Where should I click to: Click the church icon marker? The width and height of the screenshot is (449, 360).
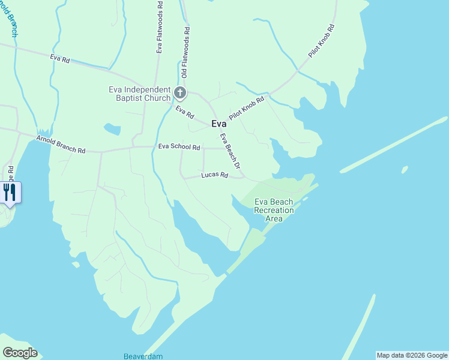tap(180, 92)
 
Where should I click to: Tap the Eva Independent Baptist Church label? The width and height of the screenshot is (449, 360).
tap(139, 94)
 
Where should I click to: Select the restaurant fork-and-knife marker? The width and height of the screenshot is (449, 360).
tap(10, 192)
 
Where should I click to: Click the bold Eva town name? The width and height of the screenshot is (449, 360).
tap(219, 124)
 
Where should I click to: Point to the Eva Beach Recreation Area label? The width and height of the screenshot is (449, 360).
tap(274, 210)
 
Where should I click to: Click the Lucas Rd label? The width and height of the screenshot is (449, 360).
tap(214, 175)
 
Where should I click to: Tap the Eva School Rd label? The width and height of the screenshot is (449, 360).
tap(179, 146)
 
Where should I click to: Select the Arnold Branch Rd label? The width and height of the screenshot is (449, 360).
tap(61, 145)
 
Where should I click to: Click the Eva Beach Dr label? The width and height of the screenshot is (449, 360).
tap(230, 151)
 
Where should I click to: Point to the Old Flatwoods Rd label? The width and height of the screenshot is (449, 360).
tap(185, 52)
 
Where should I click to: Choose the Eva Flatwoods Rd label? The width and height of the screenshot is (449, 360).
tap(160, 27)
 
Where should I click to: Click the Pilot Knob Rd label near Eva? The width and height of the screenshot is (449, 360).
tap(246, 108)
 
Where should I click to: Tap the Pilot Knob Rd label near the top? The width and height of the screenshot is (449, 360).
tap(321, 41)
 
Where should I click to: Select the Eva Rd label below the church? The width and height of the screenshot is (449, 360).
tap(185, 112)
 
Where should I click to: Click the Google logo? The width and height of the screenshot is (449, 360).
tap(20, 353)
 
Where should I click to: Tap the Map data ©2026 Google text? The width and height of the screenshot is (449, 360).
tap(412, 355)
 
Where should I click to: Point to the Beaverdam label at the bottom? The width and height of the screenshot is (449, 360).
tap(143, 356)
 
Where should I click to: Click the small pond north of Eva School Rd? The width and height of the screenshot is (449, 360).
tap(112, 129)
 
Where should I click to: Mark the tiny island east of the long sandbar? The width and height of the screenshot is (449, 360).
tap(405, 170)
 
